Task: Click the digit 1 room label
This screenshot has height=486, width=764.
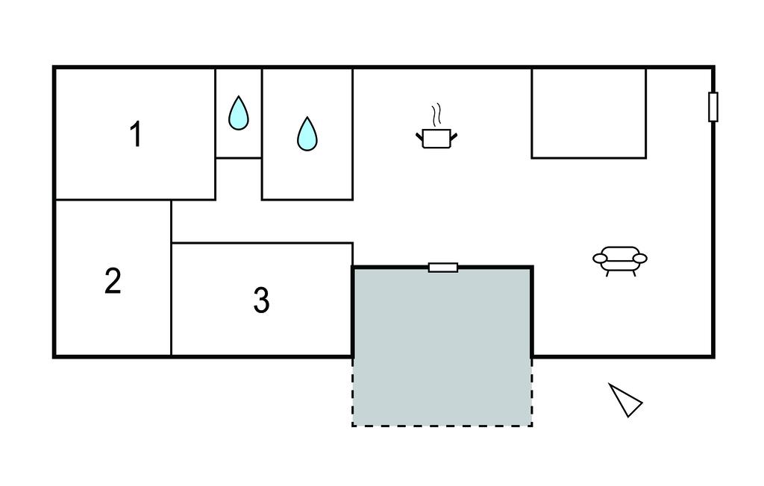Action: coord(135,135)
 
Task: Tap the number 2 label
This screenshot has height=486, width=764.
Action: coord(113,282)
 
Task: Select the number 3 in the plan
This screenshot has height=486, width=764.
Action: coord(260,300)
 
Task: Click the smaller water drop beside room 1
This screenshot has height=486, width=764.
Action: coord(238,113)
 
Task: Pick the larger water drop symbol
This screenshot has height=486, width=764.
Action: coord(307,134)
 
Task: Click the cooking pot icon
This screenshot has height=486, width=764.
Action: coord(436,137)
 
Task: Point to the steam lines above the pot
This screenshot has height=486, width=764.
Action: coord(437,115)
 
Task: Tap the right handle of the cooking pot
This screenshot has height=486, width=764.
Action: coord(453,135)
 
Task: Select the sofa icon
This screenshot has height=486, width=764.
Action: coord(620,260)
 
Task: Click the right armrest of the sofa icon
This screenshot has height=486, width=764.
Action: coord(639,259)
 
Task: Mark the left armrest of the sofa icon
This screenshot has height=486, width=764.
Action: coord(601,259)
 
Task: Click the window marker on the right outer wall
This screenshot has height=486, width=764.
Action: coord(713,107)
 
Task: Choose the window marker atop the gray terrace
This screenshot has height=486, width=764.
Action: coord(443,268)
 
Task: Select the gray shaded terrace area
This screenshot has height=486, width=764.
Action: coord(442,343)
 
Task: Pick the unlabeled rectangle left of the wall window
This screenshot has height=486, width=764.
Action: coord(589,113)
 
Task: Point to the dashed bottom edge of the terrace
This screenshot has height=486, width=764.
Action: coord(442,426)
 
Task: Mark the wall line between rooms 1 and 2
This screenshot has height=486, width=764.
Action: coord(112,200)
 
